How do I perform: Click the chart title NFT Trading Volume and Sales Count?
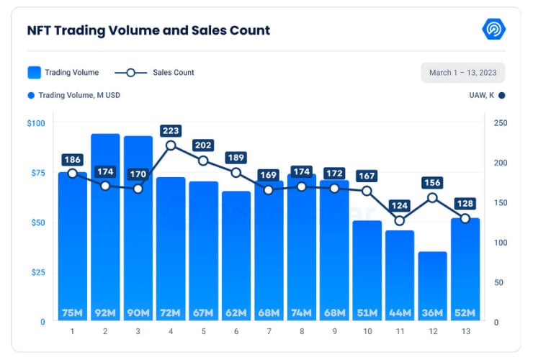click(148, 30)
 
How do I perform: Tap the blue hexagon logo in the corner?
click(493, 30)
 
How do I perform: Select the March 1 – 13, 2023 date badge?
click(462, 73)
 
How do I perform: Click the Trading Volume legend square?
click(34, 73)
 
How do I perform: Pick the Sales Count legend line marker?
click(130, 73)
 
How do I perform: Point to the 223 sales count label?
click(171, 130)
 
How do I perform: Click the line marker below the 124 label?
click(400, 220)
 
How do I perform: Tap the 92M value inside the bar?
click(105, 312)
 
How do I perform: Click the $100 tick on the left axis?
click(35, 123)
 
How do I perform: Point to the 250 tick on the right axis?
click(501, 123)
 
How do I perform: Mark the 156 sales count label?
click(432, 183)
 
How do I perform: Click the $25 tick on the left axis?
click(37, 272)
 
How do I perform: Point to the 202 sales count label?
click(203, 144)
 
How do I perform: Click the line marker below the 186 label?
click(73, 174)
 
